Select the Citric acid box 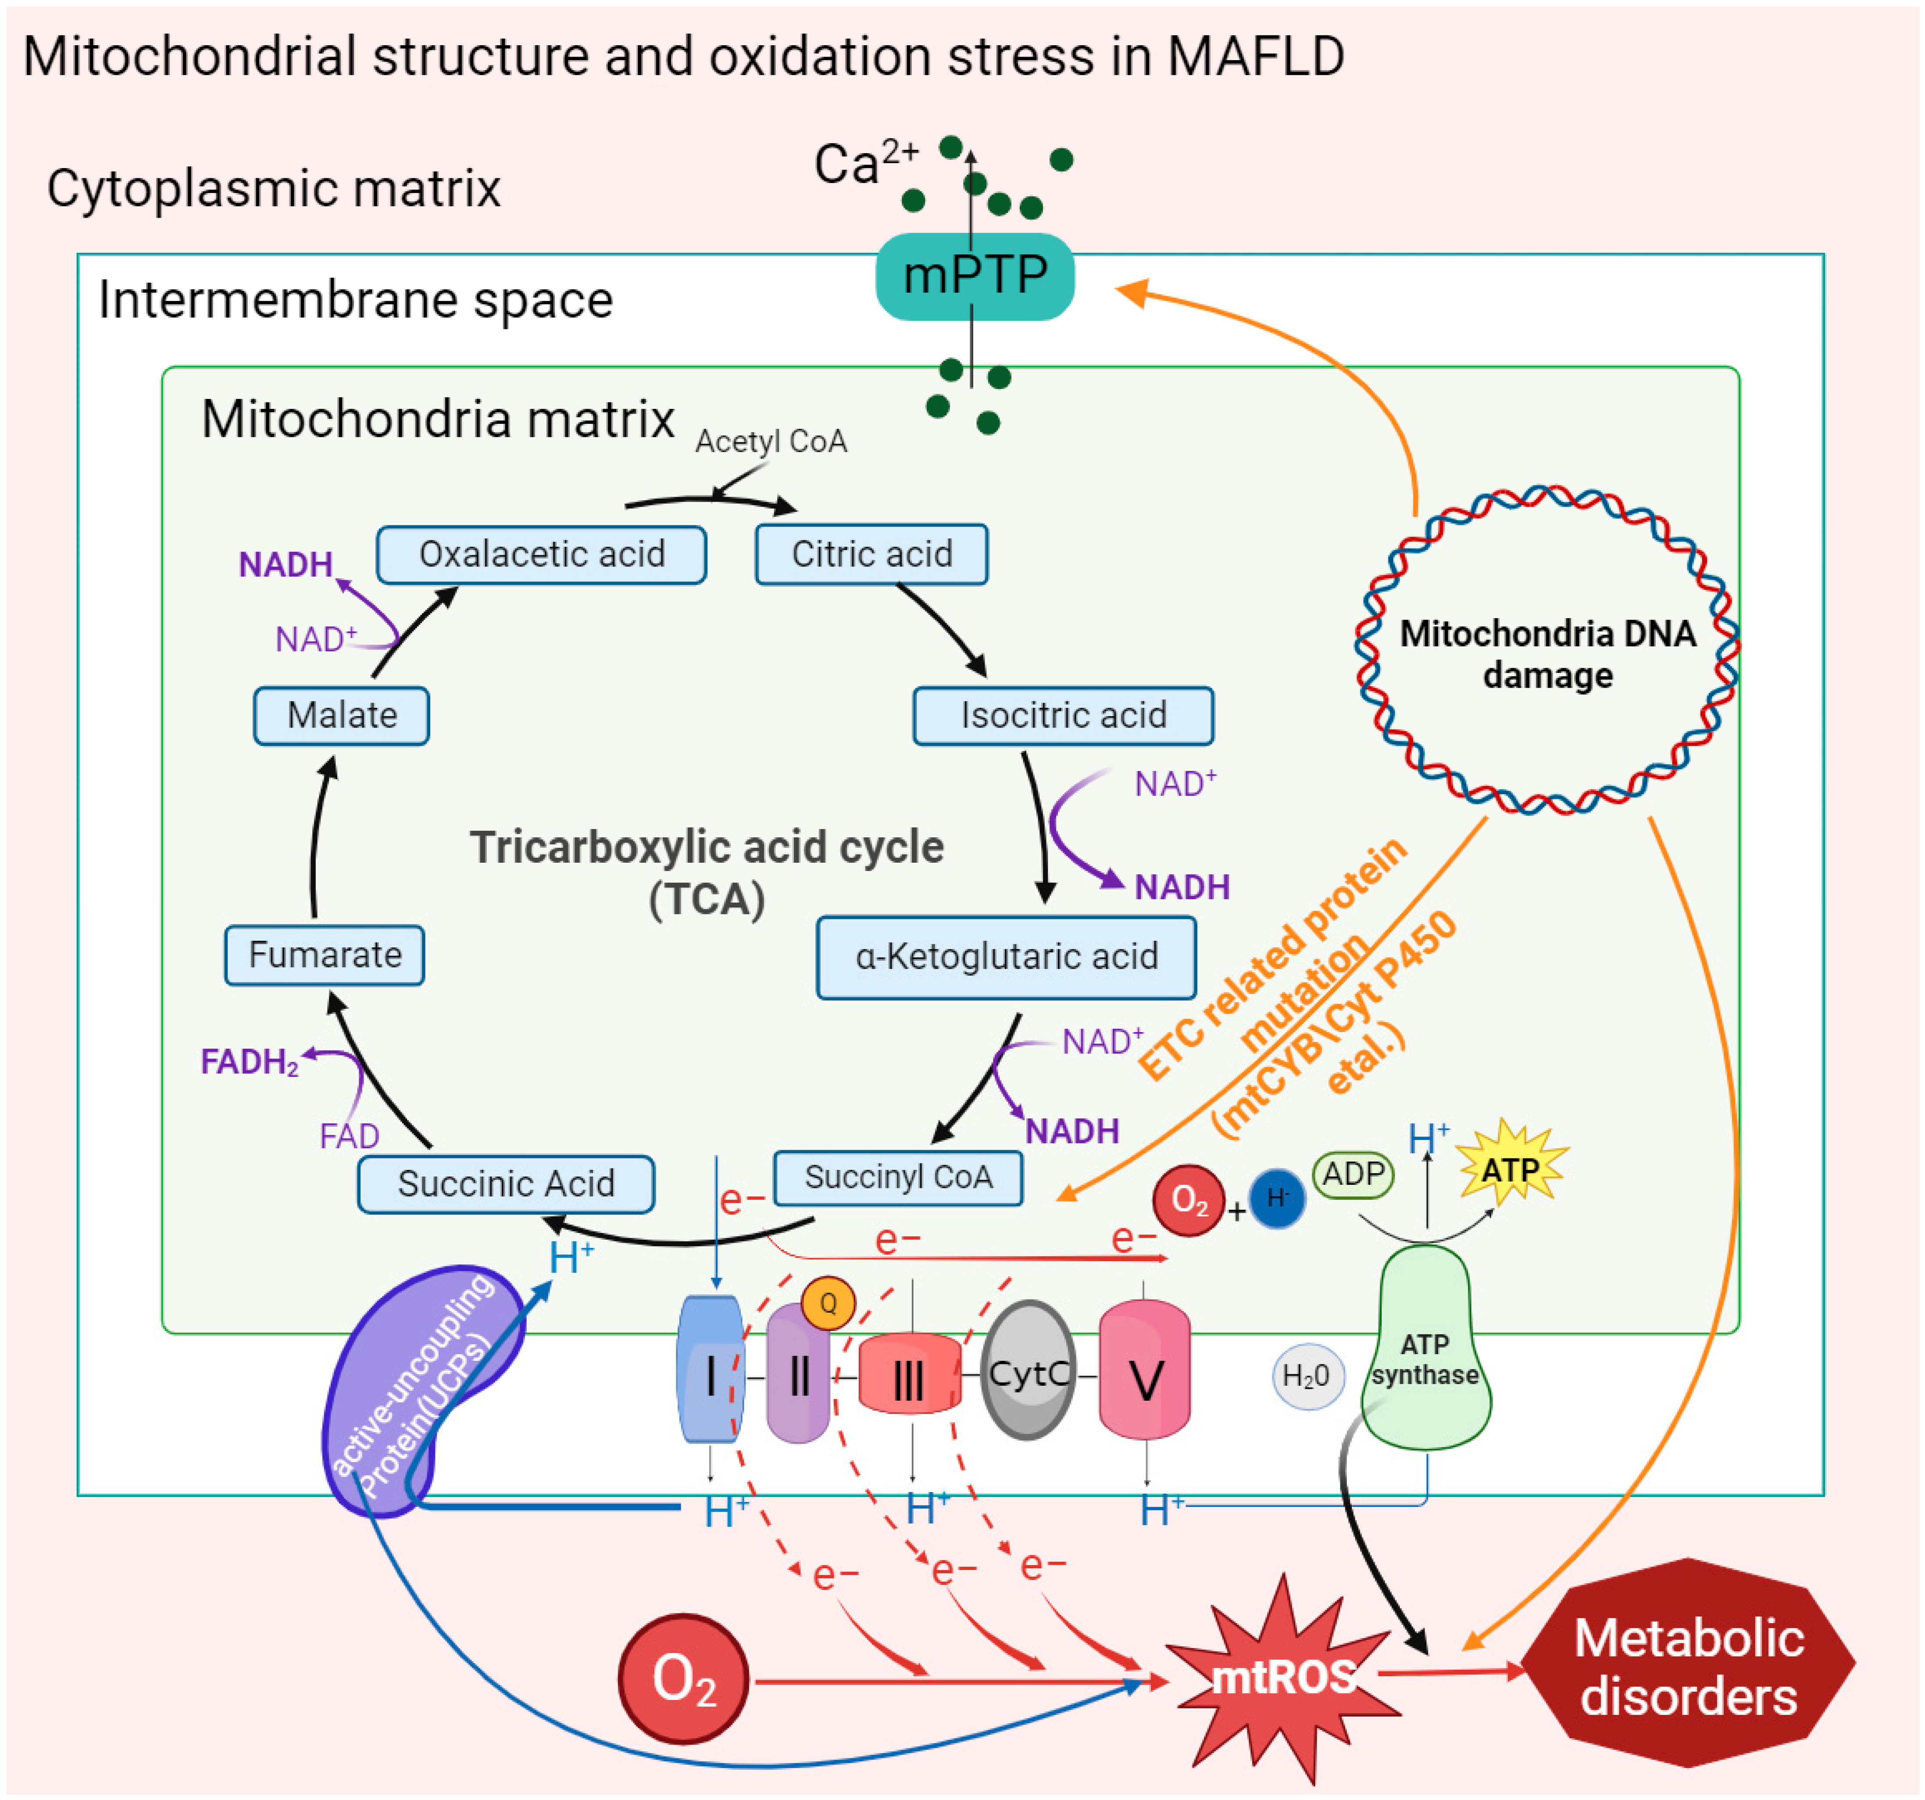coord(871,554)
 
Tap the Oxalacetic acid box coord(541,554)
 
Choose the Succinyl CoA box coord(898,1177)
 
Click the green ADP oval coord(1353,1174)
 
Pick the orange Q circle coord(828,1303)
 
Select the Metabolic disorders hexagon coord(1688,1664)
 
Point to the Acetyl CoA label coord(771,442)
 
